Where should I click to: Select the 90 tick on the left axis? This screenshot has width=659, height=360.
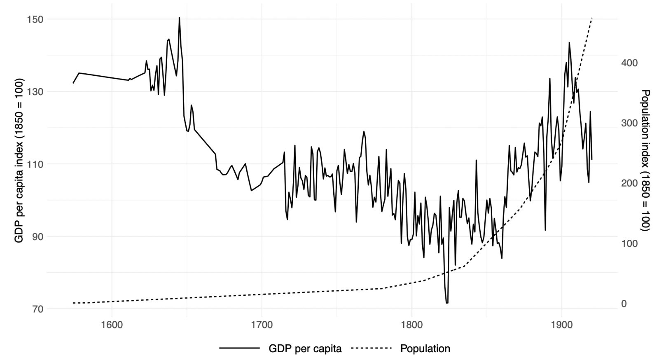[x=33, y=236]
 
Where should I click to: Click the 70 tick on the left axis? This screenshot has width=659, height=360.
[x=33, y=309]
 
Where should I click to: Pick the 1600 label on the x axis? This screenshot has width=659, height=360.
[x=112, y=324]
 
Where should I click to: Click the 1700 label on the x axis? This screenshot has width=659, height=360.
[x=262, y=324]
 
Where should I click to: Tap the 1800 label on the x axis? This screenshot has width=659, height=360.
[x=411, y=324]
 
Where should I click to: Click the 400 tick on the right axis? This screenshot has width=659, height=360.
[x=629, y=63]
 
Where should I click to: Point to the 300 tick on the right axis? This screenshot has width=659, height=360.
[x=629, y=123]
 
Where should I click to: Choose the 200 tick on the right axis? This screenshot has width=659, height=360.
[x=629, y=183]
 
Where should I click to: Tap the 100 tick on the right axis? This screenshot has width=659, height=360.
[x=629, y=243]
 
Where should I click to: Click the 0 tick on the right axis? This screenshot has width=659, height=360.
[x=624, y=304]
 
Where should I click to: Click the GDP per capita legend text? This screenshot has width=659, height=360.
[x=305, y=348]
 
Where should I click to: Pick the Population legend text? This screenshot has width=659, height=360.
[x=425, y=348]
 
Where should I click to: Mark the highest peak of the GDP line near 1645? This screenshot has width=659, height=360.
[x=179, y=18]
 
